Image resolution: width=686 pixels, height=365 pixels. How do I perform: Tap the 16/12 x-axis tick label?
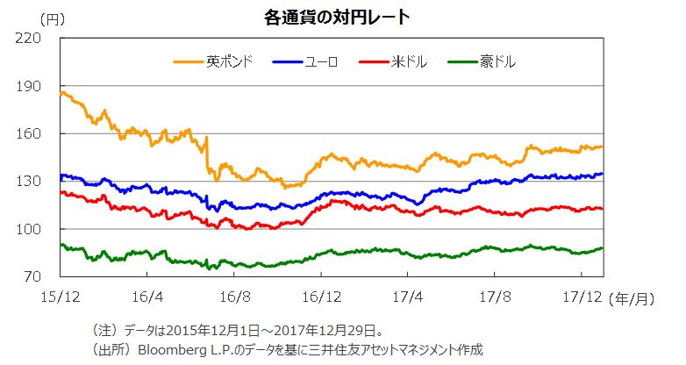tap(321, 298)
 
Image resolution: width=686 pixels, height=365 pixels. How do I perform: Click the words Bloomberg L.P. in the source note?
tap(189, 349)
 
